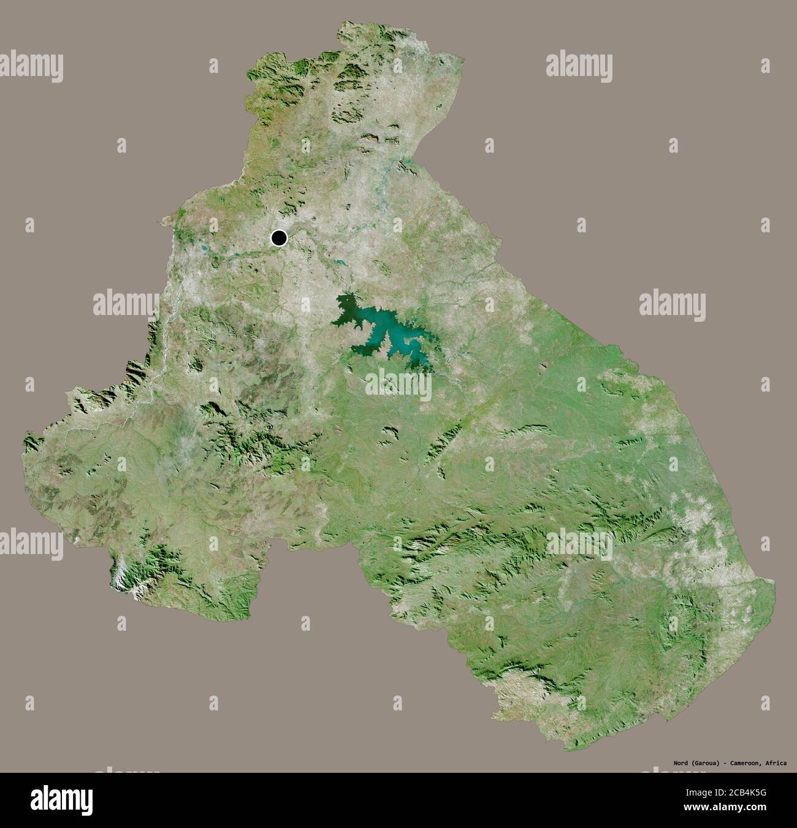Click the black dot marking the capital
click(280, 238)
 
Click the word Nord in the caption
click(677, 763)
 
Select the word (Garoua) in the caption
click(705, 763)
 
